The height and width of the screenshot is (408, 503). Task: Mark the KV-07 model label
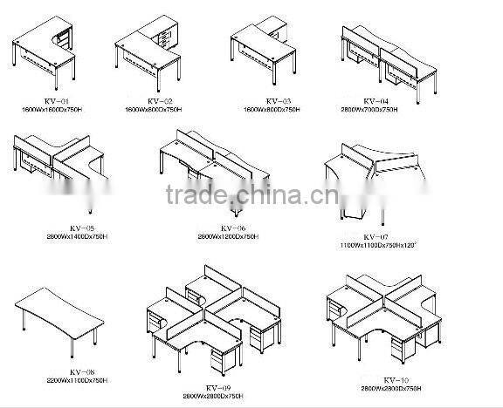378,237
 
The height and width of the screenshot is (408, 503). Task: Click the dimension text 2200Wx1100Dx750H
77,380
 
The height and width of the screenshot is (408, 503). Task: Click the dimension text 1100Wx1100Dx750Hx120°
379,245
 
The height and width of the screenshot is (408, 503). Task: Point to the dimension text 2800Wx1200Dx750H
228,237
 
